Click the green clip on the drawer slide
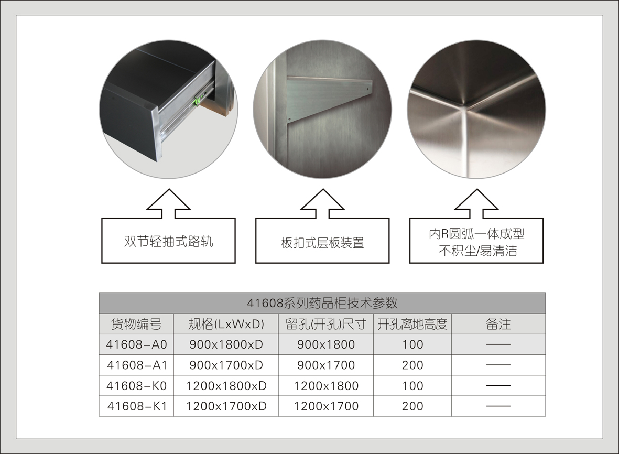(197, 100)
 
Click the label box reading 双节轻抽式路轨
(169, 241)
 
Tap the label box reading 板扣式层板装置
(322, 241)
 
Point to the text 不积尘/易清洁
(477, 251)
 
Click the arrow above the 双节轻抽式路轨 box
(169, 203)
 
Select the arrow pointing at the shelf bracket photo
(322, 203)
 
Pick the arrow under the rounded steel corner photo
(476, 203)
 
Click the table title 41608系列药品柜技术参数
(322, 303)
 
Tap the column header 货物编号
(136, 324)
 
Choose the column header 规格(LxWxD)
(226, 324)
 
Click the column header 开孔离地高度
(412, 324)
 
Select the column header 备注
(498, 324)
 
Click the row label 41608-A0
(137, 344)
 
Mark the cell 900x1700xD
(226, 365)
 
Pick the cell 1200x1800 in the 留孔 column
(326, 386)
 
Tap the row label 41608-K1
(137, 406)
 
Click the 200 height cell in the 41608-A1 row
(412, 365)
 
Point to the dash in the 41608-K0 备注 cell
(498, 385)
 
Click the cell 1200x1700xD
(226, 406)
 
